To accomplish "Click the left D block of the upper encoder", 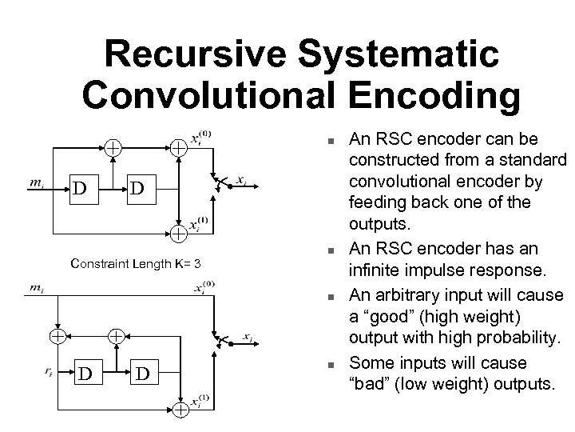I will click(x=79, y=190).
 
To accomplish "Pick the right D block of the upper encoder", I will click(x=137, y=190).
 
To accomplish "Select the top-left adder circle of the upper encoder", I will click(x=115, y=148).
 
